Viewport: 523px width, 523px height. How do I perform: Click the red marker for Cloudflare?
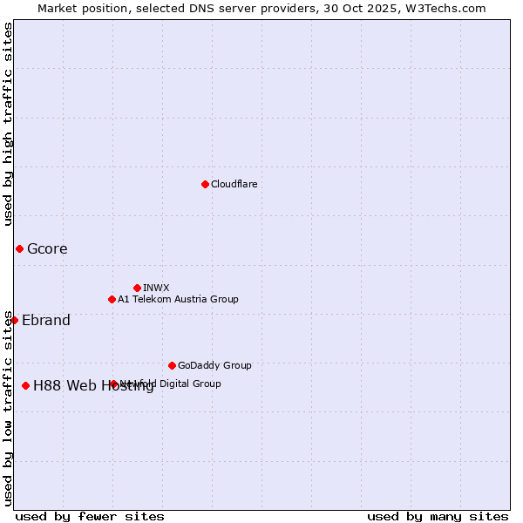pos(205,184)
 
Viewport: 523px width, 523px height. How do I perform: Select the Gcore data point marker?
pos(19,248)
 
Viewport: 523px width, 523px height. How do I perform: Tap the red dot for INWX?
pos(137,288)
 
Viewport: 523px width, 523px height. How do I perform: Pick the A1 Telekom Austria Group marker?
pos(112,299)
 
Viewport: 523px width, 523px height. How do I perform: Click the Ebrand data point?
pos(14,320)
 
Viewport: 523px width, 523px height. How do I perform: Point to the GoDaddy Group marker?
pos(172,365)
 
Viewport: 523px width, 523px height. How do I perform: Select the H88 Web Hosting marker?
pos(25,385)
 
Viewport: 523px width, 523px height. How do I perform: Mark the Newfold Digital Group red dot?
pos(113,384)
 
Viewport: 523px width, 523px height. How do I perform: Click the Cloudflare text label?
pos(234,184)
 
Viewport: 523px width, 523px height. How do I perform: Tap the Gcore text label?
pos(47,248)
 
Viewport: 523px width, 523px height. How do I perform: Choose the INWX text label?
pos(156,288)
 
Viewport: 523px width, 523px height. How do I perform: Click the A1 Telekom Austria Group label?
pos(178,299)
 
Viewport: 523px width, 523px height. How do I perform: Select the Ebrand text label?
pos(46,320)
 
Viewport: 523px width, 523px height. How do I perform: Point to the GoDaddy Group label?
pos(214,365)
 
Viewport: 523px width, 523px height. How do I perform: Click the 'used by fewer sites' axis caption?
pos(90,516)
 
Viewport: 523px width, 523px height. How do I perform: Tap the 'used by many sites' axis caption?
pos(438,516)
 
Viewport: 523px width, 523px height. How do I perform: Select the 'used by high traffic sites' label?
pos(8,124)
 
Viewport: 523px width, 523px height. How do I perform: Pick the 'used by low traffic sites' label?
pos(8,408)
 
